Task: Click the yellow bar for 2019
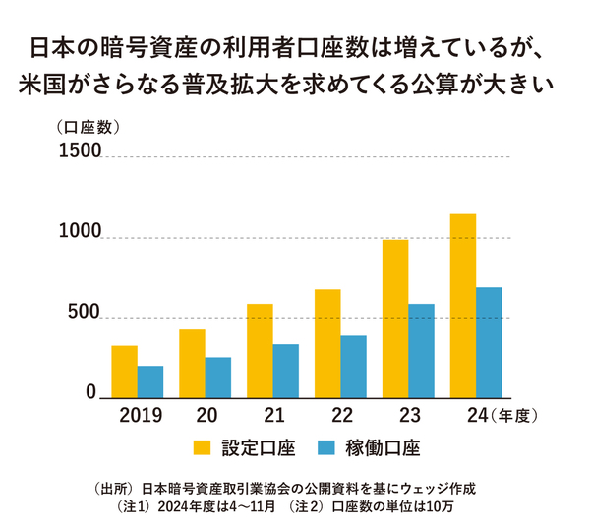(124, 371)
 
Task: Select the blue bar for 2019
(150, 381)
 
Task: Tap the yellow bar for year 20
(192, 363)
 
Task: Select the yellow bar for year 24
(462, 305)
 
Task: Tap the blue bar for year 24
(489, 341)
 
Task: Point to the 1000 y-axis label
(80, 233)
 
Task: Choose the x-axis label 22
(341, 415)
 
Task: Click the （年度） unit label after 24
(514, 415)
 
